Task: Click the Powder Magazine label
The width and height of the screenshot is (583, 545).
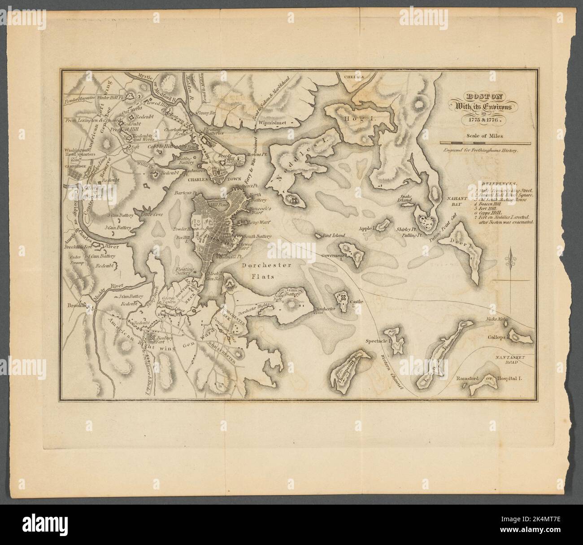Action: pyautogui.click(x=79, y=98)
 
